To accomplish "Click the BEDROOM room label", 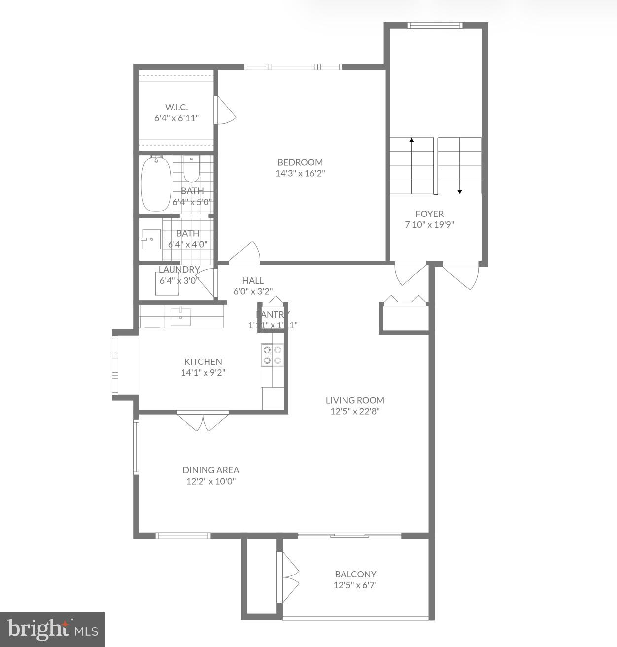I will click(300, 162).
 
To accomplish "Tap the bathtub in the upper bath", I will click(156, 184).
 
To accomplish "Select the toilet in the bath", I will click(191, 172).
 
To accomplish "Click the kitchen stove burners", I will click(273, 355).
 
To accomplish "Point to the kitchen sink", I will click(181, 317).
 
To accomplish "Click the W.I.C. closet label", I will click(176, 107).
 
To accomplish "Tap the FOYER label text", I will click(429, 214).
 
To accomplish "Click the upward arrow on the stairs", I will click(411, 141).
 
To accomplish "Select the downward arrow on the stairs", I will click(460, 190).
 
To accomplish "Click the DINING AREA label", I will click(211, 470).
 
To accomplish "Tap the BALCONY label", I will click(355, 574).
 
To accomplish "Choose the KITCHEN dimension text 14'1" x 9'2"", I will click(203, 373).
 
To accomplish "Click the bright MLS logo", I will click(52, 629).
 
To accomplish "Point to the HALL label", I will click(253, 280).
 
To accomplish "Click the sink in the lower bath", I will click(151, 239).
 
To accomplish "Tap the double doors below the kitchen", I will click(203, 420).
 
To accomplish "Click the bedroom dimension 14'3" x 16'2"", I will click(300, 174).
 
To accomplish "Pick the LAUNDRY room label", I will click(179, 270).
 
